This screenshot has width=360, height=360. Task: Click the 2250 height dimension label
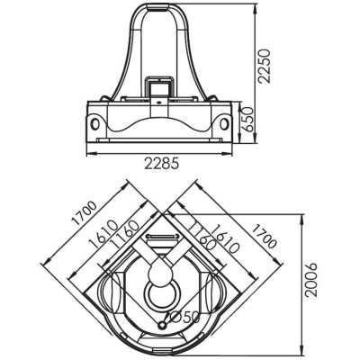tap(265, 67)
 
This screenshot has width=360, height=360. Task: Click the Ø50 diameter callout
tap(185, 317)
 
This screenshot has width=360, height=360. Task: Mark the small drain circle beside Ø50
tap(163, 325)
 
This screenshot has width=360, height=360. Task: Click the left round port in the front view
tap(95, 123)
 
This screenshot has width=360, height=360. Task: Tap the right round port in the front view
tap(223, 122)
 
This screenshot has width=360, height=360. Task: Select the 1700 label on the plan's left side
tap(85, 213)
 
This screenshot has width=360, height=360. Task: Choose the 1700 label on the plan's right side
tap(263, 237)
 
